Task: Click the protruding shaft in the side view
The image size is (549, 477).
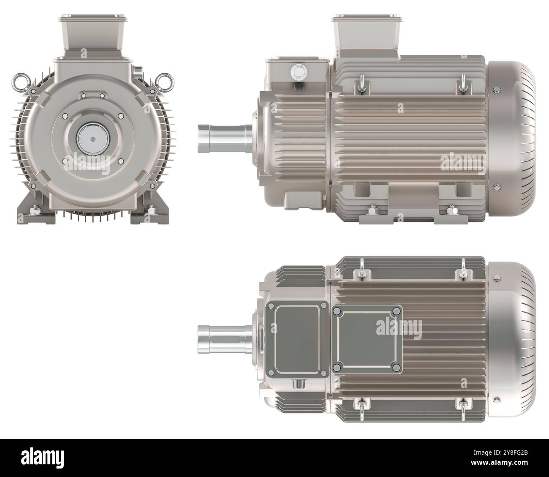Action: pos(223,137)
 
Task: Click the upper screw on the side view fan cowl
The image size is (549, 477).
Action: pos(497,89)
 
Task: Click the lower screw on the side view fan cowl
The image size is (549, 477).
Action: pos(497,186)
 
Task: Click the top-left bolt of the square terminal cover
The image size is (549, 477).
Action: pos(337,311)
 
